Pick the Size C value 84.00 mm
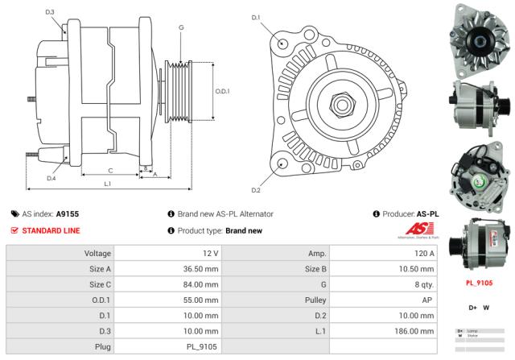tap(200, 283)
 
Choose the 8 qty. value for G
tap(420, 283)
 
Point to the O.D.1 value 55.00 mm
tap(200, 299)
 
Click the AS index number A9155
tap(68, 214)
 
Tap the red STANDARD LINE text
tap(51, 230)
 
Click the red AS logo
tap(419, 230)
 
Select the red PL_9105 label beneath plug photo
tap(480, 283)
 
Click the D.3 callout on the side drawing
tap(50, 12)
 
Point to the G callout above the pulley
tap(181, 28)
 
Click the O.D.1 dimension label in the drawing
tap(223, 91)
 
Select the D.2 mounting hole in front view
tap(282, 163)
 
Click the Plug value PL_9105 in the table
tap(200, 346)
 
